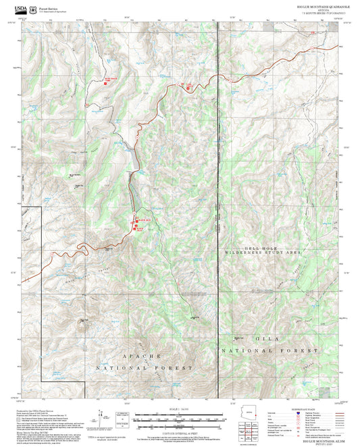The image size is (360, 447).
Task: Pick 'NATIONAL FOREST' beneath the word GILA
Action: click(x=269, y=352)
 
